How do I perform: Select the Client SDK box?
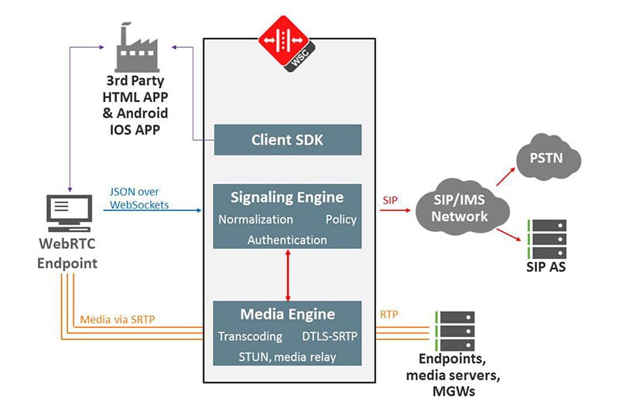point(287,140)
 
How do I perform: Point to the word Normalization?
point(256,219)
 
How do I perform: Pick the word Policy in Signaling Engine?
point(340,219)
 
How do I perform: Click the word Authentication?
point(287,240)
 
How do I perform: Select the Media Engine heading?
point(287,315)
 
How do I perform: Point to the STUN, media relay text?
point(287,356)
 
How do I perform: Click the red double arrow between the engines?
point(288,274)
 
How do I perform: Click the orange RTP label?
point(389,315)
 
